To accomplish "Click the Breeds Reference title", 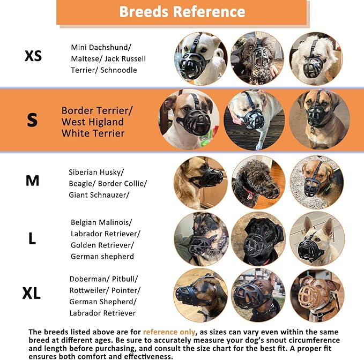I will [182, 12].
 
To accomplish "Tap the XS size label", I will [33, 56].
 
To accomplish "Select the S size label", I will [32, 120].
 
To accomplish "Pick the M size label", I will [32, 181].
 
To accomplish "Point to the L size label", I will [32, 239].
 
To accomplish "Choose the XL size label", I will [32, 294].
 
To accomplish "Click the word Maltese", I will [86, 58].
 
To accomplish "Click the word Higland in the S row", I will [106, 122].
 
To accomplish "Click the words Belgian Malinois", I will [101, 222].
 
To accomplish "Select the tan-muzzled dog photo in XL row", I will [317, 295].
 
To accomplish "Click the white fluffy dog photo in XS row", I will [316, 58].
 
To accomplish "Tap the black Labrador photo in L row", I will [258, 239].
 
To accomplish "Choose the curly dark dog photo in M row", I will [258, 182].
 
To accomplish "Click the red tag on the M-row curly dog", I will [249, 196].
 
